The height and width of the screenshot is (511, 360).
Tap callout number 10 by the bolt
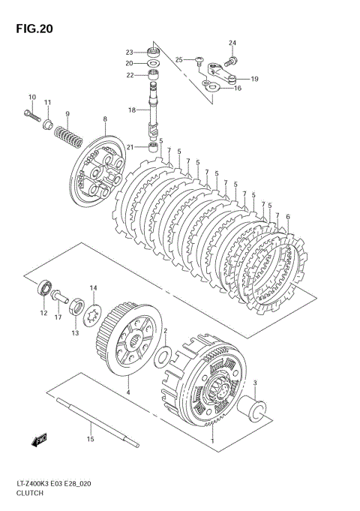tap(32, 97)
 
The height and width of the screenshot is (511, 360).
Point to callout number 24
tap(232, 43)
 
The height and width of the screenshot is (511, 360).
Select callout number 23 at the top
tap(129, 52)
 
